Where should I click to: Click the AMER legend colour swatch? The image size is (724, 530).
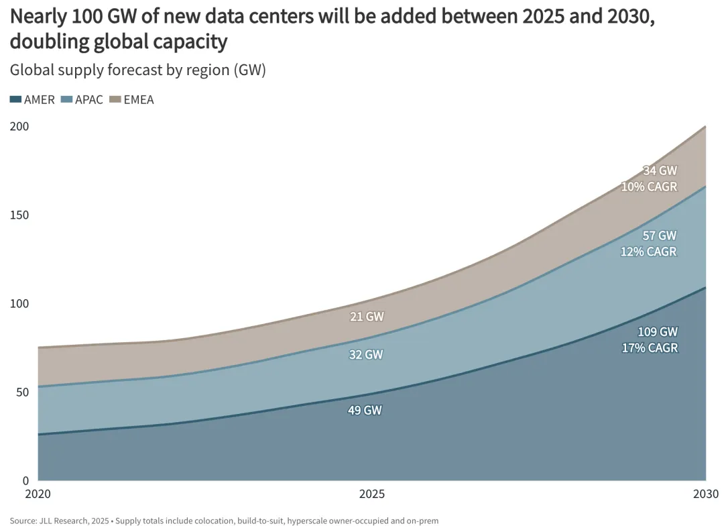(15, 100)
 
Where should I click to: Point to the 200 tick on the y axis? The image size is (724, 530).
(19, 126)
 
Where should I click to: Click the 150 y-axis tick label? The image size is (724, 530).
(19, 215)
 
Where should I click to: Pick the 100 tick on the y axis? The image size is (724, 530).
(19, 303)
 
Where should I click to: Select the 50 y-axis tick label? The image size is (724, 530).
(22, 392)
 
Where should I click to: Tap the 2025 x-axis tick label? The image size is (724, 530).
(372, 494)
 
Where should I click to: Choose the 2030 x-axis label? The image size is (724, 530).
(705, 494)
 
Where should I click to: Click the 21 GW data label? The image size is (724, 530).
(367, 317)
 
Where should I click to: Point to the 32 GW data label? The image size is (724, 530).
(367, 354)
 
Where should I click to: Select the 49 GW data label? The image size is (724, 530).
(365, 410)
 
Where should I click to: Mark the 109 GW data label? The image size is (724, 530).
(658, 331)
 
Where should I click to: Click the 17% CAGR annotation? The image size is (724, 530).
(650, 348)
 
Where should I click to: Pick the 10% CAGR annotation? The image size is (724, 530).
(650, 187)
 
